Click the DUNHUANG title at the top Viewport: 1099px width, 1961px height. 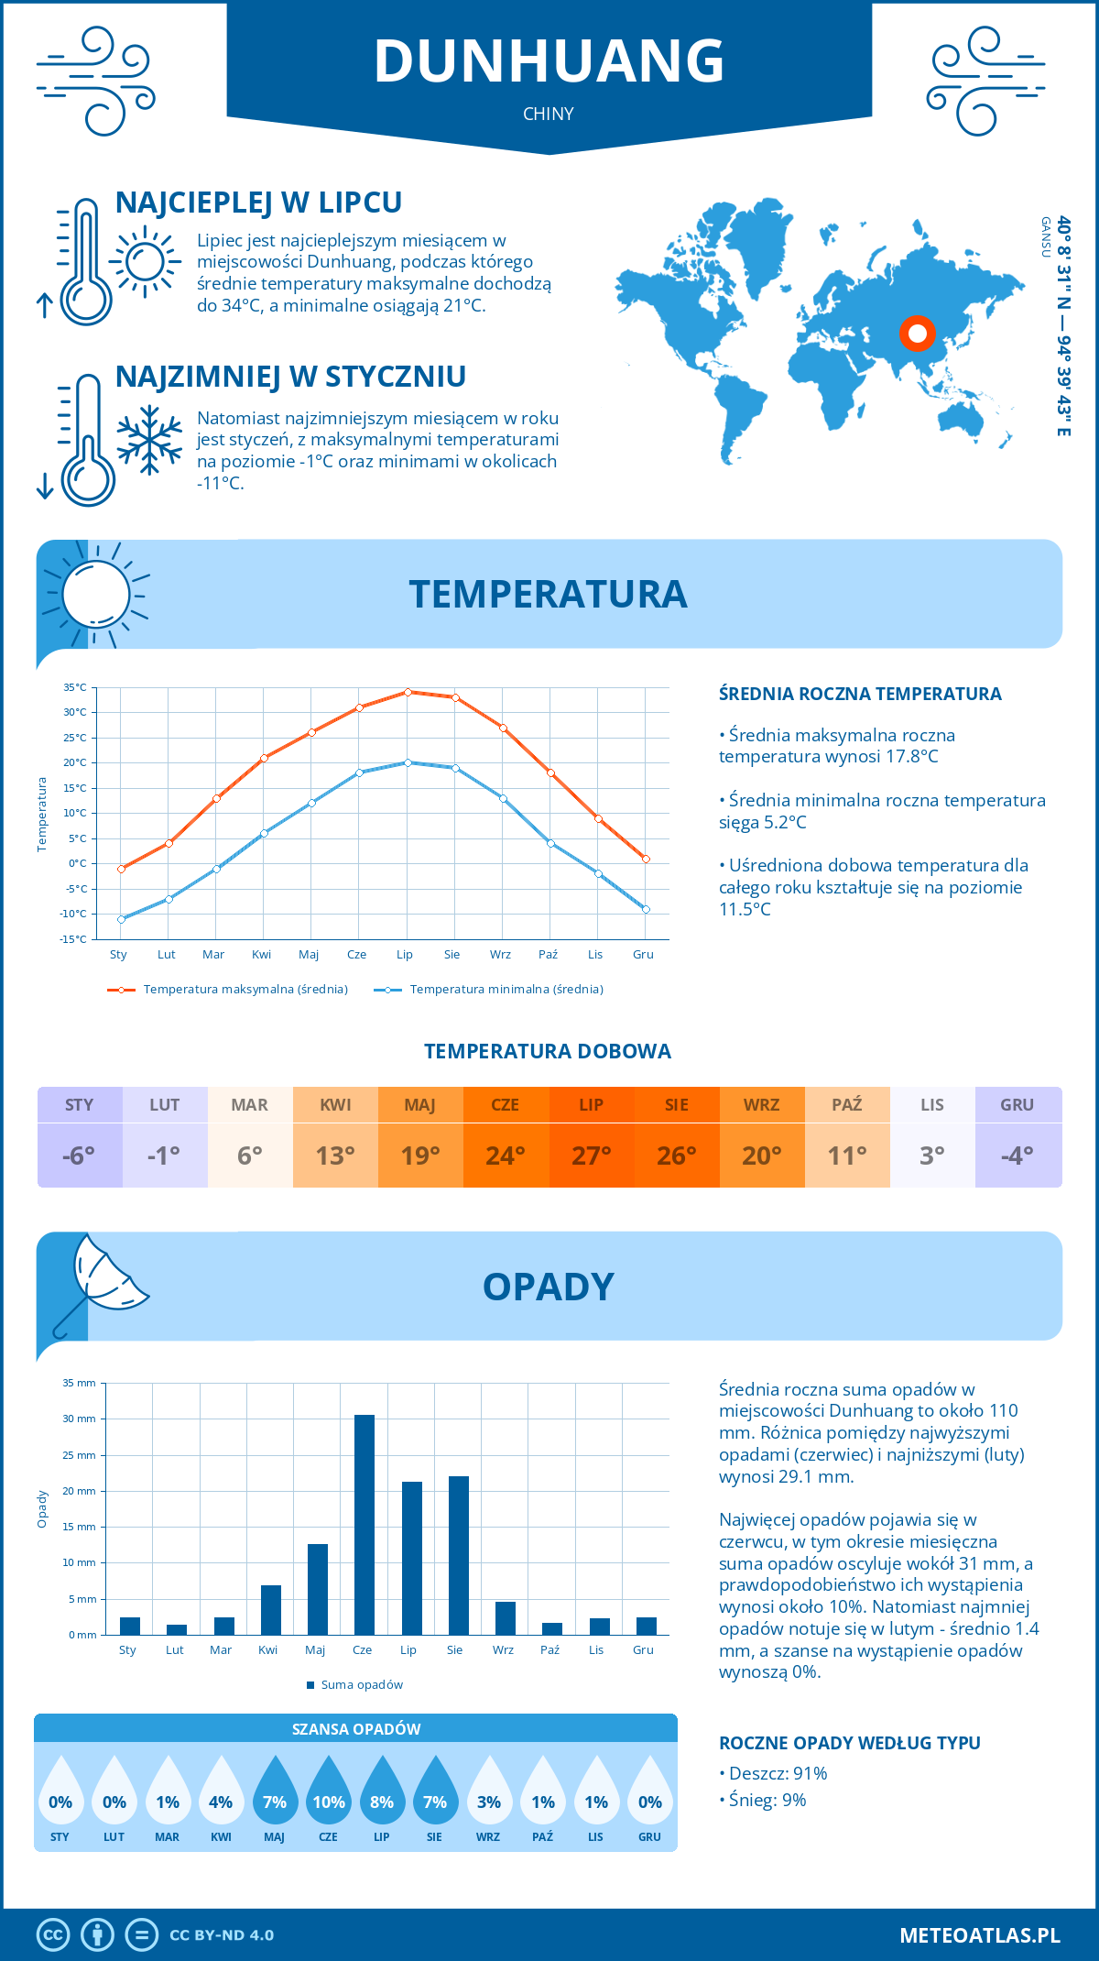click(549, 61)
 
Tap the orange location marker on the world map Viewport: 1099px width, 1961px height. click(917, 334)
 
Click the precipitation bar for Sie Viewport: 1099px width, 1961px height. click(459, 1555)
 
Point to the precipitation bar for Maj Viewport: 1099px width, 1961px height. click(318, 1589)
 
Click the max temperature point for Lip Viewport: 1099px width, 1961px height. click(408, 692)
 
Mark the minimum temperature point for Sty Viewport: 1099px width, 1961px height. click(121, 919)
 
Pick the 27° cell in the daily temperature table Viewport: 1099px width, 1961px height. click(591, 1156)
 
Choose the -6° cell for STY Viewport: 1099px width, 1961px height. click(79, 1156)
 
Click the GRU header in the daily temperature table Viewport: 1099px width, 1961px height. click(1017, 1104)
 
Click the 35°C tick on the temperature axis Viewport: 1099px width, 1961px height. click(75, 687)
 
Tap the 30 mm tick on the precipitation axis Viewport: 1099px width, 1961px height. click(79, 1419)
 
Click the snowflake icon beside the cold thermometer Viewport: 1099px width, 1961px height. click(149, 440)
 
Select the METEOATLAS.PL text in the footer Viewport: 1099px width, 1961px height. click(980, 1935)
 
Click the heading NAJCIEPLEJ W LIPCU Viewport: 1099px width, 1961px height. click(258, 203)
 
